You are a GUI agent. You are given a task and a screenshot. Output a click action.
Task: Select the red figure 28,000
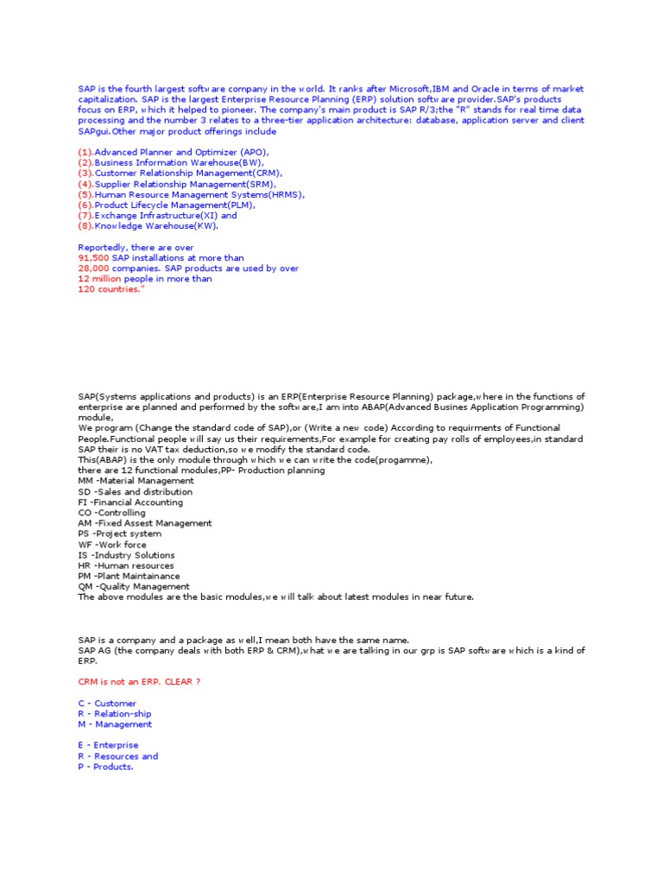coord(92,268)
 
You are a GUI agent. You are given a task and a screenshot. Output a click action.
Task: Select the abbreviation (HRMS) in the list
coord(287,194)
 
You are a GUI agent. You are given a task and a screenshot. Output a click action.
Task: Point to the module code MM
coord(85,481)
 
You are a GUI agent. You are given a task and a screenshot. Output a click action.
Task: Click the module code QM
coord(85,587)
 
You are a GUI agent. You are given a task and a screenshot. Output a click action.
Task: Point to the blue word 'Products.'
coord(113,767)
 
